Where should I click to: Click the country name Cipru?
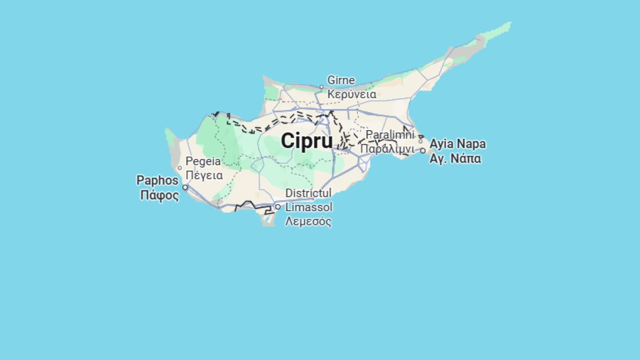(x=307, y=141)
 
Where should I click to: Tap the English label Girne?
(x=341, y=81)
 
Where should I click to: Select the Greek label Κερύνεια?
(x=351, y=94)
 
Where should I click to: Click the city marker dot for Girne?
(x=322, y=87)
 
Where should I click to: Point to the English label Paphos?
(x=157, y=180)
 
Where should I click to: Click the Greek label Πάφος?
(x=159, y=195)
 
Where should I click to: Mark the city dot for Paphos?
(x=185, y=187)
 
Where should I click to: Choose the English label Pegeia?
(x=203, y=161)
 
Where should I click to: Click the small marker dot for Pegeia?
(x=180, y=168)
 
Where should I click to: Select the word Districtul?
(x=308, y=193)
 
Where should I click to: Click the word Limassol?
(x=309, y=207)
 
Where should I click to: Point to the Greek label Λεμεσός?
(x=308, y=221)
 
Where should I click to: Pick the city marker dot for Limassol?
(x=278, y=207)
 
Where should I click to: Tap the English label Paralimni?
(x=390, y=134)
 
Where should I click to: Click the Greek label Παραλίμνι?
(x=387, y=148)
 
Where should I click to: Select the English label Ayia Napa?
(x=458, y=144)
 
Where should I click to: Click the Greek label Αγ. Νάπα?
(x=455, y=158)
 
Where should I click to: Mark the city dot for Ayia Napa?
(x=423, y=151)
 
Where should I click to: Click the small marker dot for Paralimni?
(x=421, y=141)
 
